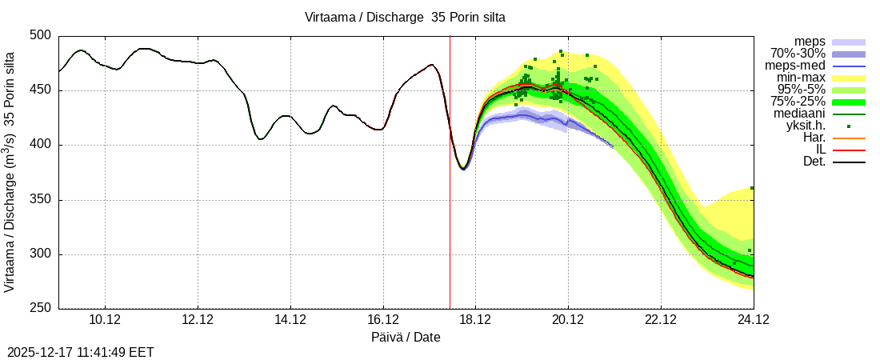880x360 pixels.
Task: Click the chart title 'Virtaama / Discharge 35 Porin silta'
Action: click(x=405, y=17)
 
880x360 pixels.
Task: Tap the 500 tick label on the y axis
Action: click(x=40, y=36)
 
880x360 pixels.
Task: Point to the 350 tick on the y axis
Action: click(x=40, y=200)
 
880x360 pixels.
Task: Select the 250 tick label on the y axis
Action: click(x=40, y=309)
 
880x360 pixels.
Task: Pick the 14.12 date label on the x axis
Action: click(x=290, y=320)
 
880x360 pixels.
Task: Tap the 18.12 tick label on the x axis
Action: click(x=475, y=320)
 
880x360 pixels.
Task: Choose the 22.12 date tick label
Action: click(x=660, y=320)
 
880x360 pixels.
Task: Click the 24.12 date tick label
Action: click(x=753, y=320)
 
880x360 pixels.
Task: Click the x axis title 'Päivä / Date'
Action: click(x=406, y=338)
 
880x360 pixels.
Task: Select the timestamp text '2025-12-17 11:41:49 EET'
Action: click(x=81, y=352)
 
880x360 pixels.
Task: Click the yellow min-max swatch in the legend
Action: click(x=849, y=78)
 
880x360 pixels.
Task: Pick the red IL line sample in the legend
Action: click(x=849, y=150)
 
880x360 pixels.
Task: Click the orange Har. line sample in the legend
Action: click(x=849, y=138)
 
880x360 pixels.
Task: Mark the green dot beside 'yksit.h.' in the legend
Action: click(x=849, y=126)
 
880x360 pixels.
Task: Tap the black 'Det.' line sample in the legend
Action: click(x=849, y=162)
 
